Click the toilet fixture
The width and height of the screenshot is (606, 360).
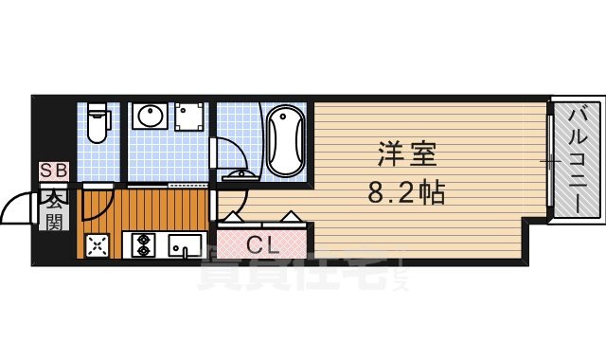point(97,124)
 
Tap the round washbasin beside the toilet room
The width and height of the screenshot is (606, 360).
point(151,119)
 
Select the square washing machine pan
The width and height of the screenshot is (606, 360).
point(192,119)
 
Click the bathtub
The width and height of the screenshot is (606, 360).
point(284,142)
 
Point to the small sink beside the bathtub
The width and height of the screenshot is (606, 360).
point(236,174)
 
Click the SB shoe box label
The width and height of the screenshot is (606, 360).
point(51,171)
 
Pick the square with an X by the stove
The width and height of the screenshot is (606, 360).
point(98,245)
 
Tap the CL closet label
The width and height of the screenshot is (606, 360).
point(262,245)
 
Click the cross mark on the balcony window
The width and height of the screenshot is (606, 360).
point(549,162)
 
